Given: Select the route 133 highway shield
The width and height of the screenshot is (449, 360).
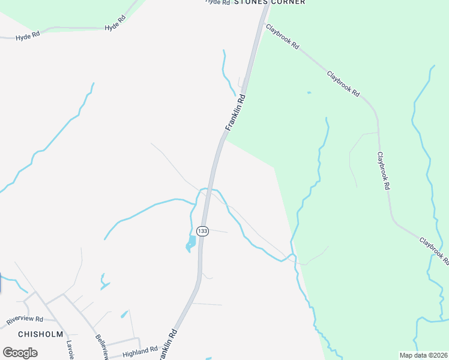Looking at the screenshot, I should pos(202,231).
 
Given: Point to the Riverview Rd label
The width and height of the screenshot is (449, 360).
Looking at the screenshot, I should pos(25,320).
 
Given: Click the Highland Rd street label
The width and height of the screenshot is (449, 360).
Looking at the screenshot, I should pos(140,352).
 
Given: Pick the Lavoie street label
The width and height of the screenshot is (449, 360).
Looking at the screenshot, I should pos(71,350).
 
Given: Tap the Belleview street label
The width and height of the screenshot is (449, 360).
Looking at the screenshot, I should pos(101,346).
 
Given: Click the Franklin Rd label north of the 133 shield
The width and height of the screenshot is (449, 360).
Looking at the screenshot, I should pos(236,112).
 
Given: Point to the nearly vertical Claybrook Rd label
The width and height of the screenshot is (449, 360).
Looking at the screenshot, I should pos(384,171).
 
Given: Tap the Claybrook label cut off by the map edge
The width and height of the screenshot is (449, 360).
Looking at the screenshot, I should pos(433,251).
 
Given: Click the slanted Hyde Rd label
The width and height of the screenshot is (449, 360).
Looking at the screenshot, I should pos(115,23).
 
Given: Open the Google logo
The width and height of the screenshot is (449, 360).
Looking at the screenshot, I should pos(20,352).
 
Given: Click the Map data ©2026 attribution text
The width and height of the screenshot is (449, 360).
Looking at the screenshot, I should pos(423,355).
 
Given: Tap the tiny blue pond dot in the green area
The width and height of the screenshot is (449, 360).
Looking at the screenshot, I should pos(309,92).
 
